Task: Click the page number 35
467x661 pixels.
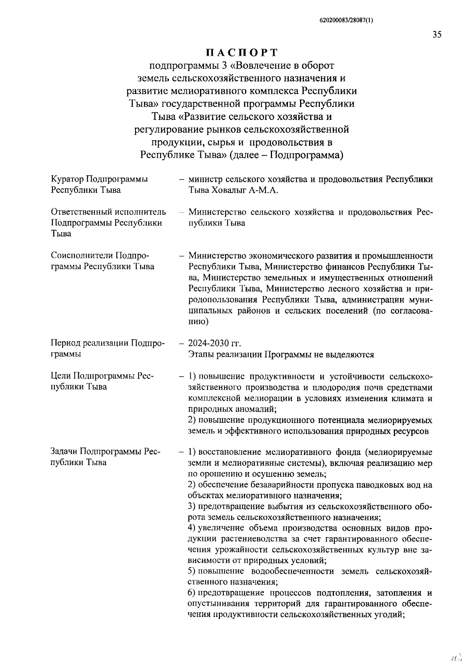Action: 437,35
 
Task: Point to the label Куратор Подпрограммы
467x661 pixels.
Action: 99,179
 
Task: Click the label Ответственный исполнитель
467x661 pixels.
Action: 109,212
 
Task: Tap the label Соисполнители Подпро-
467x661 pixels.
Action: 100,256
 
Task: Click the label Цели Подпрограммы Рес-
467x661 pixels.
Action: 102,376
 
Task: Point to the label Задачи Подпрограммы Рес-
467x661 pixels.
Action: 105,451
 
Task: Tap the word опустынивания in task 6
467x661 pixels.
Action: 219,604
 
